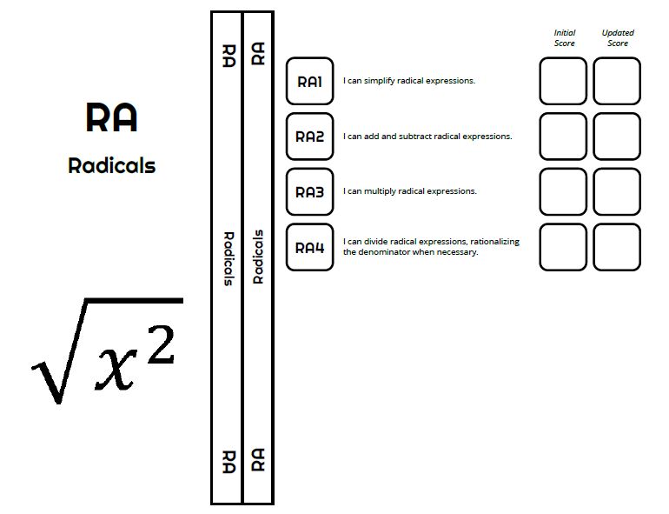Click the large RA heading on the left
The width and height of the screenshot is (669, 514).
pyautogui.click(x=111, y=117)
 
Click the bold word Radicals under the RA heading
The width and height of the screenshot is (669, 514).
pyautogui.click(x=111, y=165)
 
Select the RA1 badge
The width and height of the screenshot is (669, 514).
pyautogui.click(x=309, y=82)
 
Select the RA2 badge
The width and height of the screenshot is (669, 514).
pyautogui.click(x=309, y=137)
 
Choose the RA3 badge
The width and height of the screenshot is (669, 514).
pyautogui.click(x=309, y=192)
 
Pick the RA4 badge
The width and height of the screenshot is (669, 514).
pyautogui.click(x=309, y=248)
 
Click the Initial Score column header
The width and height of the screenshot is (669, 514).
pyautogui.click(x=564, y=38)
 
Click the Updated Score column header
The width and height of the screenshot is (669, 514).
pyautogui.click(x=617, y=38)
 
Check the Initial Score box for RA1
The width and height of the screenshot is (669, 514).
pyautogui.click(x=563, y=81)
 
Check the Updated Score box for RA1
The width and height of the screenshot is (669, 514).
pyautogui.click(x=617, y=81)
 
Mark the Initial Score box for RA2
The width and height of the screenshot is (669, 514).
pyautogui.click(x=563, y=137)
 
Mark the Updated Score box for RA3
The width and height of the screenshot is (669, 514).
pyautogui.click(x=617, y=191)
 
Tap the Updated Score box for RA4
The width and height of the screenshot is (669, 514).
pyautogui.click(x=617, y=247)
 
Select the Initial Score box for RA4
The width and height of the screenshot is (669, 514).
pyautogui.click(x=563, y=247)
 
